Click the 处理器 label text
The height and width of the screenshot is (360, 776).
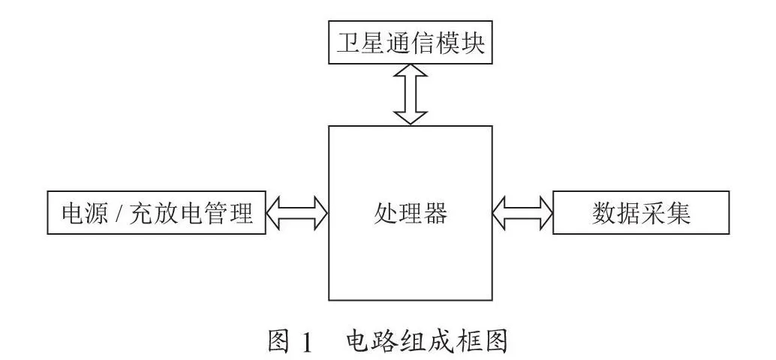pyautogui.click(x=411, y=213)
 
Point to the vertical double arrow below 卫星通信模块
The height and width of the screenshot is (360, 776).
pyautogui.click(x=411, y=94)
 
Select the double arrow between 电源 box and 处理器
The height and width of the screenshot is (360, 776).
pyautogui.click(x=297, y=213)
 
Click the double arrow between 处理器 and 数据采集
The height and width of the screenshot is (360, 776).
pyautogui.click(x=522, y=213)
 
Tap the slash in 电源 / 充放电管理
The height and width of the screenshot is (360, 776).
pyautogui.click(x=119, y=213)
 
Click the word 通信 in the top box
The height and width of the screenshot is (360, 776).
pyautogui.click(x=411, y=43)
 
